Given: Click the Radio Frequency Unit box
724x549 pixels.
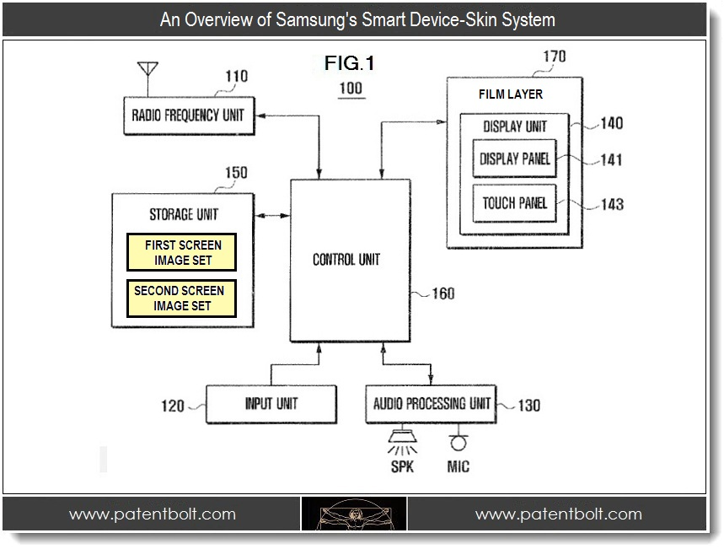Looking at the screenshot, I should (188, 115).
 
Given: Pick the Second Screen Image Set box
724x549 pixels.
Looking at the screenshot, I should (181, 299).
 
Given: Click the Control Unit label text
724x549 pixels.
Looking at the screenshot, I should (346, 260).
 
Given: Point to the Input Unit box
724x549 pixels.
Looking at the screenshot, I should (271, 404).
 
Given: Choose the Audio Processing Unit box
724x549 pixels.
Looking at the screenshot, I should (431, 404).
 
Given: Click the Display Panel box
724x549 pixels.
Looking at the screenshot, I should (514, 159).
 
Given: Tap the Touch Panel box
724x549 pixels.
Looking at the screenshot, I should (514, 203).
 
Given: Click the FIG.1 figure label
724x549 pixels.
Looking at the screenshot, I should (349, 62).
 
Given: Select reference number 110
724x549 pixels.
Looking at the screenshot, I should (236, 77).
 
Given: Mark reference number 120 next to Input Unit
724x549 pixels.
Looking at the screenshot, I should (172, 406).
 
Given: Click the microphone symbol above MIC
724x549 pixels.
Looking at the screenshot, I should (459, 442).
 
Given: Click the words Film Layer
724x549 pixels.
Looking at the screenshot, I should (511, 94).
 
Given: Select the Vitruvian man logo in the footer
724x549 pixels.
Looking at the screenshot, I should (354, 514).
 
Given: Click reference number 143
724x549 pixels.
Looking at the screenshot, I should (612, 204).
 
